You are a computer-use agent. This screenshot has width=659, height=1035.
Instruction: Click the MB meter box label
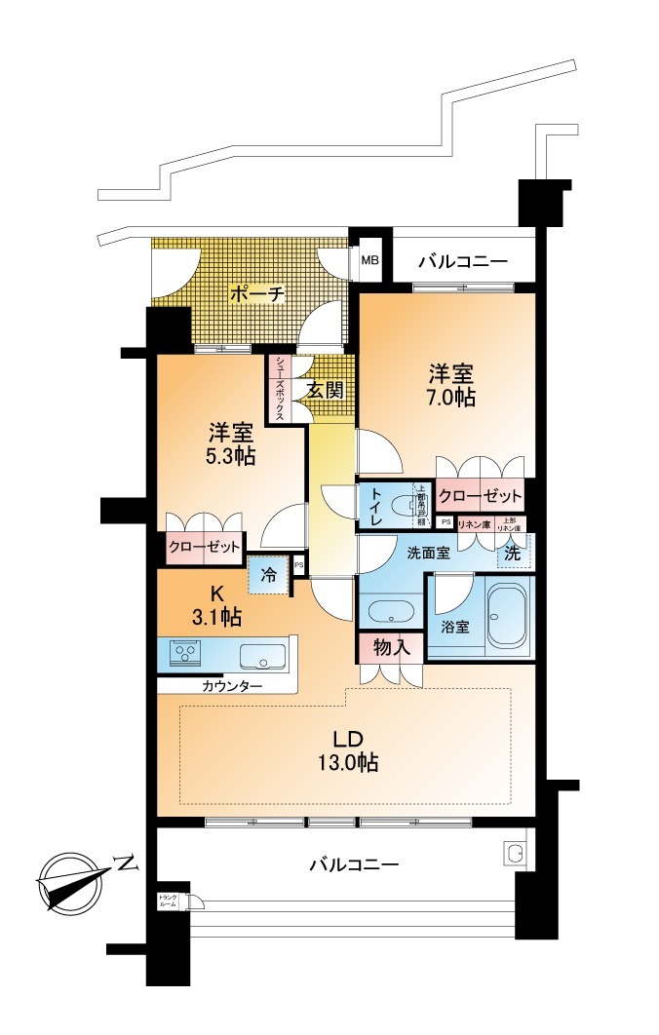click(x=370, y=260)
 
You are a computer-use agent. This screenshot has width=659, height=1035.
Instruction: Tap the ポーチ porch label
click(x=256, y=292)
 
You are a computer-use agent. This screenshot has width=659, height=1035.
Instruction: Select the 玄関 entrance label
click(x=324, y=390)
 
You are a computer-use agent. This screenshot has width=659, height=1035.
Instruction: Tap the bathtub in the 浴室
click(x=507, y=615)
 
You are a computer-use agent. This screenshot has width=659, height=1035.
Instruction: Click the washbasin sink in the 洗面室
click(x=391, y=613)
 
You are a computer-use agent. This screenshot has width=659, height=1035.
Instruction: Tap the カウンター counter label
click(x=232, y=685)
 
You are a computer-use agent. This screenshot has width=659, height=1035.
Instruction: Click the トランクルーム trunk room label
click(x=168, y=901)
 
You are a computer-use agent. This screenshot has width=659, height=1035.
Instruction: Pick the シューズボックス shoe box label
click(x=279, y=388)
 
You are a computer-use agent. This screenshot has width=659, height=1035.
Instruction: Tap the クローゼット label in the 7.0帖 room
click(x=479, y=496)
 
